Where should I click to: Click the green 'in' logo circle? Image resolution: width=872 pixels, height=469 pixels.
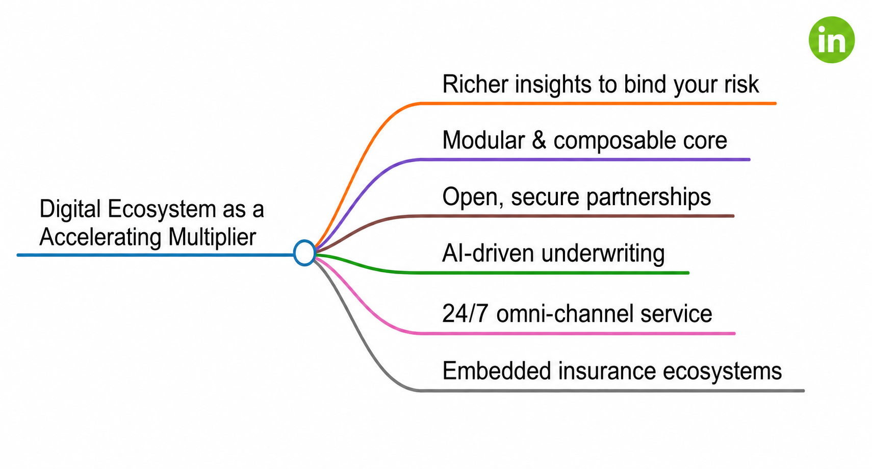[x=832, y=40]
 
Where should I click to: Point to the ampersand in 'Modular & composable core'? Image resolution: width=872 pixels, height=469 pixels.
[x=539, y=140]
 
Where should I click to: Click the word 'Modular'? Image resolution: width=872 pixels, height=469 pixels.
[x=483, y=140]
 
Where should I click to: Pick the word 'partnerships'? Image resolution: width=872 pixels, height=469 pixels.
[x=649, y=198]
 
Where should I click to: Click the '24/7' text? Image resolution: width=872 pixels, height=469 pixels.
[x=465, y=313]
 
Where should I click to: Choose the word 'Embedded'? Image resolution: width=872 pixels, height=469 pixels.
[x=497, y=371]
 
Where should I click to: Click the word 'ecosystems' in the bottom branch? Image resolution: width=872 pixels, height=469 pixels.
[x=722, y=371]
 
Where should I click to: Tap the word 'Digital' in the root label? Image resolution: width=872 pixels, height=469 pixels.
[x=70, y=210]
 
